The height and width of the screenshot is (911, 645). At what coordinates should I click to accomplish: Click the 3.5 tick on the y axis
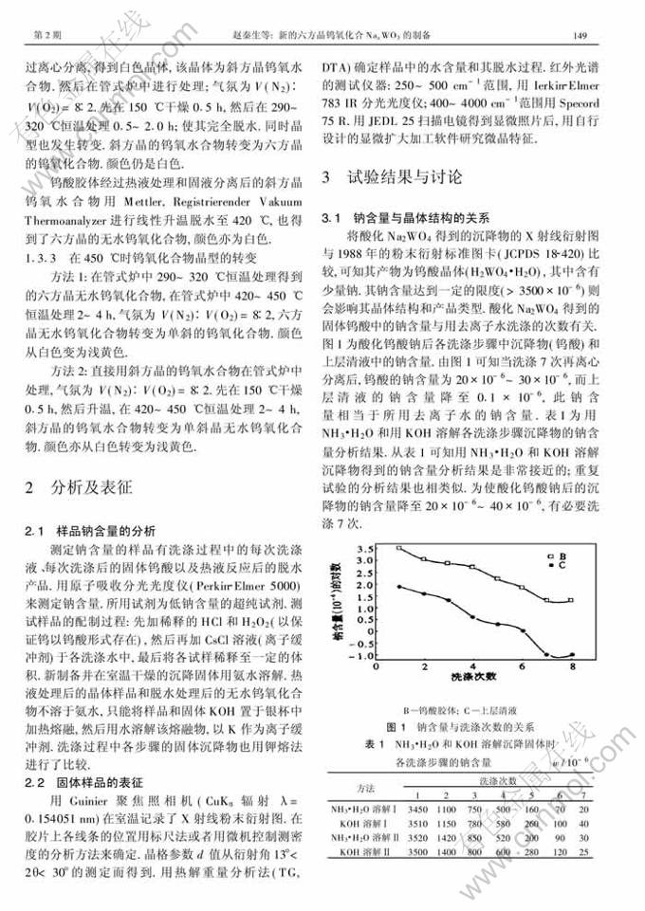tap(377, 548)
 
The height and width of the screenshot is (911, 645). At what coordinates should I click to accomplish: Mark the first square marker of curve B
tap(400, 548)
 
